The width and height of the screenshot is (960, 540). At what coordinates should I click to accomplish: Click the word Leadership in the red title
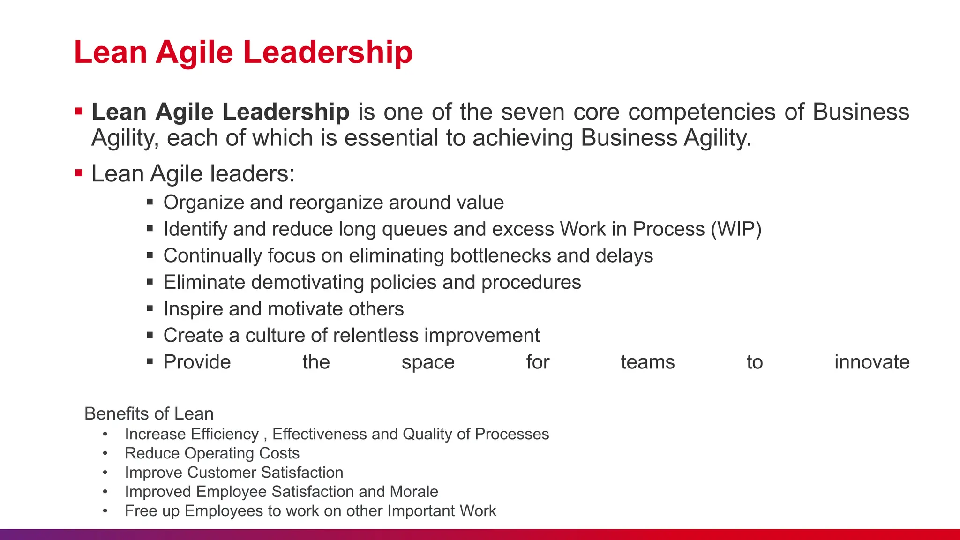[328, 52]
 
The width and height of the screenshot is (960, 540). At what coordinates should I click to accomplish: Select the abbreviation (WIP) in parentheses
[736, 229]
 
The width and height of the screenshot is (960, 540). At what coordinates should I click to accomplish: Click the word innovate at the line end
[871, 362]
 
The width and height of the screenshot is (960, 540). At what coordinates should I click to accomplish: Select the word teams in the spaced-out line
[647, 362]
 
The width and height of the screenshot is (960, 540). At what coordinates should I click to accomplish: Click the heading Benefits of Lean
[149, 414]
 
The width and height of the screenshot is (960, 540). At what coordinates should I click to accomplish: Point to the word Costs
[279, 453]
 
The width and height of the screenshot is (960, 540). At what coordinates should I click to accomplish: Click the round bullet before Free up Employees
[105, 511]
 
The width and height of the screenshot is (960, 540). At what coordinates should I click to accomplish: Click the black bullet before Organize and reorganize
[150, 202]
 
